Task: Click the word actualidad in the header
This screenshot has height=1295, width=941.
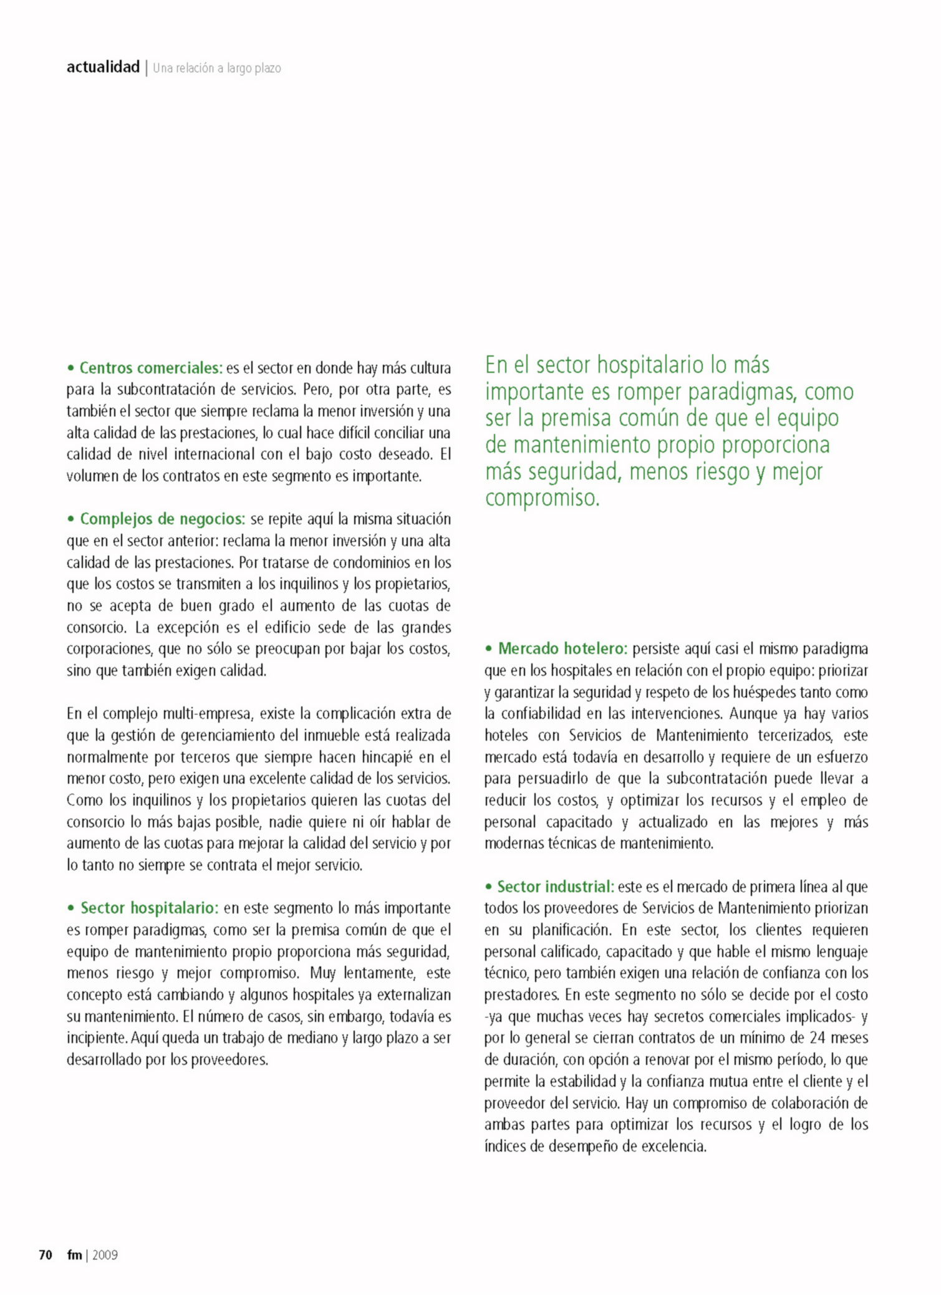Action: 103,67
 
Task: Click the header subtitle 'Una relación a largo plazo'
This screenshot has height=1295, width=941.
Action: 217,68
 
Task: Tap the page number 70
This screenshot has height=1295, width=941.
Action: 46,1254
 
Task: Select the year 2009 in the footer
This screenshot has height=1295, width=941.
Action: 105,1254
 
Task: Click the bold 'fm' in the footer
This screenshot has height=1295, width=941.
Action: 75,1254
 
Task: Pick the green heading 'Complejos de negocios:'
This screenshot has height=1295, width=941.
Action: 163,519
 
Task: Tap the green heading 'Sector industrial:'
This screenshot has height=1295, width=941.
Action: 556,887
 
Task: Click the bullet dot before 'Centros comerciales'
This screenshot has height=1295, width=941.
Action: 71,368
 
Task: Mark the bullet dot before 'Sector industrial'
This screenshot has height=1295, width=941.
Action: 489,887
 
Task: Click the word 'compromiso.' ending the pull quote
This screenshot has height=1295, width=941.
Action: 542,498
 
